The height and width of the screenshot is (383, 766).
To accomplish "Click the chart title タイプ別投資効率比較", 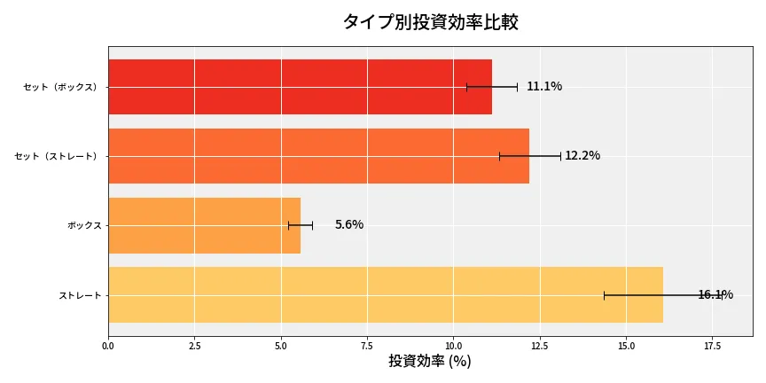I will click(430, 22).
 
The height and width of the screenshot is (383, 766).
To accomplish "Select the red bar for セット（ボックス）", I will click(300, 87).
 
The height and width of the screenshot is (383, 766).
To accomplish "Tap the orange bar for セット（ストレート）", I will click(318, 156).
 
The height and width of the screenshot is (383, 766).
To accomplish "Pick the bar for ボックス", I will click(204, 225).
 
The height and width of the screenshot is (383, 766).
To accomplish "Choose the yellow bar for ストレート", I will click(385, 294).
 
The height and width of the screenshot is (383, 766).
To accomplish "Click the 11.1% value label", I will click(543, 87).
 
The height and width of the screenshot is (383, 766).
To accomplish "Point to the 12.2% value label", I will click(582, 156).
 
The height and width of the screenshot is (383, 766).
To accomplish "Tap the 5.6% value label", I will click(348, 225).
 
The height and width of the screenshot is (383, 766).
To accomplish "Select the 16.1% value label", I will click(715, 294).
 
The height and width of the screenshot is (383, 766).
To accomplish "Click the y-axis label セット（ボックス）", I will click(60, 87).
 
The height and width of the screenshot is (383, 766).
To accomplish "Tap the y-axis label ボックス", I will click(84, 225).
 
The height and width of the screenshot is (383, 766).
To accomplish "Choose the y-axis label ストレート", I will click(80, 294).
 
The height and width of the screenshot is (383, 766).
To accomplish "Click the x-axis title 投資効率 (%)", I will click(430, 362).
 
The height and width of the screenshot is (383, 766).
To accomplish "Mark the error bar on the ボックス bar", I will click(301, 225).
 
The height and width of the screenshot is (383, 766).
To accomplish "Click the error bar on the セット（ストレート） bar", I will click(529, 156).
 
